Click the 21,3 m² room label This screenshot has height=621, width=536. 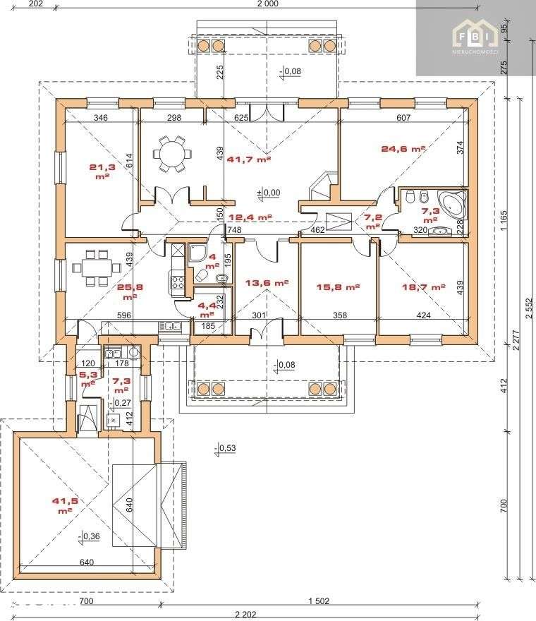point(100,171)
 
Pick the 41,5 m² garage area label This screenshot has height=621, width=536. point(63,505)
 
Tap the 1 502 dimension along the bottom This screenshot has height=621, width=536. point(319,601)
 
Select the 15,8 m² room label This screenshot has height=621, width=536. point(339,287)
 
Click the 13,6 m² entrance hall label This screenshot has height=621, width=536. point(267,283)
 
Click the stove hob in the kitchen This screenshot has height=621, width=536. point(177,283)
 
